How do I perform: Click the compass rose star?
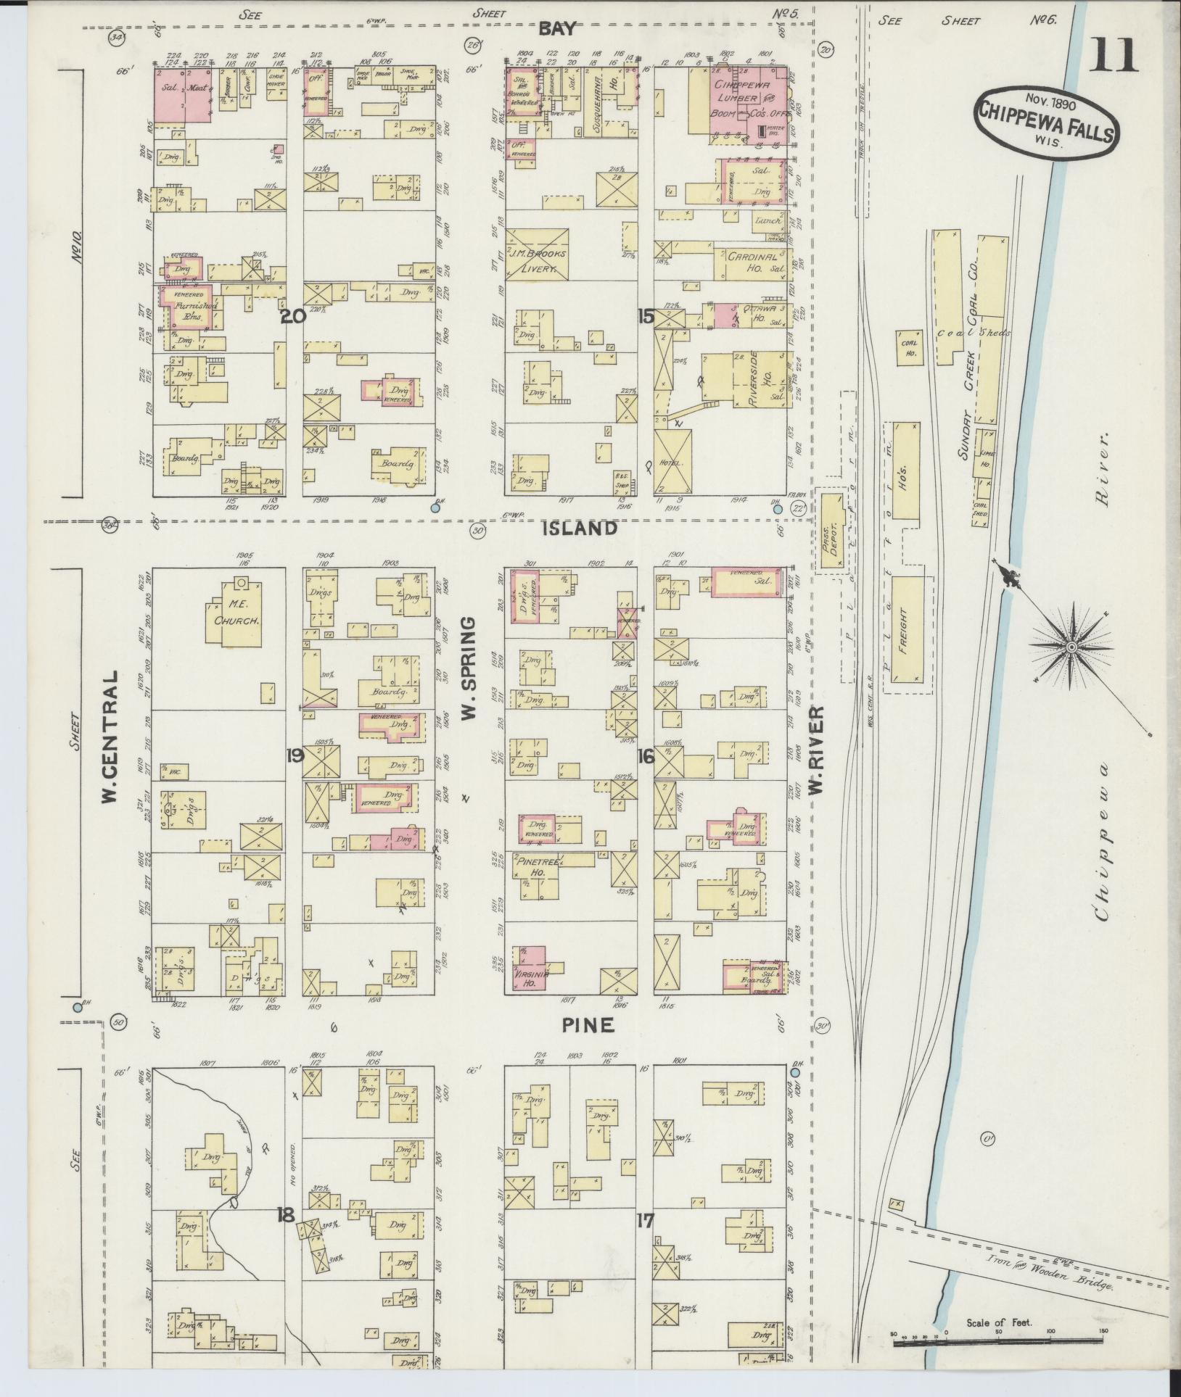pyautogui.click(x=1071, y=645)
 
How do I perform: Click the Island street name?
pyautogui.click(x=580, y=528)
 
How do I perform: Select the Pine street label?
pyautogui.click(x=588, y=1024)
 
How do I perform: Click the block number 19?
pyautogui.click(x=295, y=755)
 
